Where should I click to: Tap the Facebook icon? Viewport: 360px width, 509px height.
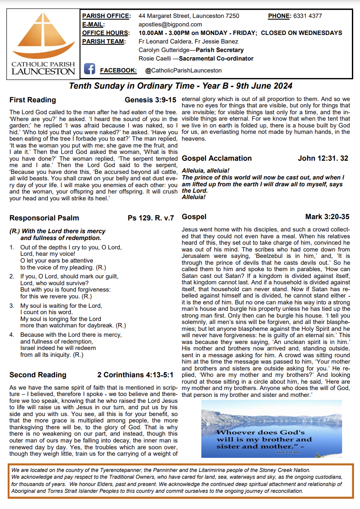coord(89,69)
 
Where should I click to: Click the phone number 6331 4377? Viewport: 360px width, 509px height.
coord(307,16)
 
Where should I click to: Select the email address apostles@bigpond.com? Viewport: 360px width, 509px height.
coord(171,25)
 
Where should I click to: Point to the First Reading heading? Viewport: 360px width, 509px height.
coord(32,100)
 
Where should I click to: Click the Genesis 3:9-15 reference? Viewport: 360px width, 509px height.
coord(151,100)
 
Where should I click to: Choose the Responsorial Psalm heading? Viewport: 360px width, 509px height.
coord(44,218)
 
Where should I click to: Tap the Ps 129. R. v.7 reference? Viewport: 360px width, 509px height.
coord(151,218)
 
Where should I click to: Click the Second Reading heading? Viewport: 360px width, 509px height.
coord(38,375)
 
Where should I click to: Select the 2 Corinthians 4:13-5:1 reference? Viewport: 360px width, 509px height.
coord(135,375)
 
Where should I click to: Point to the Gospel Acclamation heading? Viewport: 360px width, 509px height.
coord(217,158)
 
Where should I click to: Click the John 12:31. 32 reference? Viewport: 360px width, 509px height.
coord(323,158)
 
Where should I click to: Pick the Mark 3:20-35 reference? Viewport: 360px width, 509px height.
coord(327,217)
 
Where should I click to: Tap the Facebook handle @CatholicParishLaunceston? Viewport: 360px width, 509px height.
coord(183,70)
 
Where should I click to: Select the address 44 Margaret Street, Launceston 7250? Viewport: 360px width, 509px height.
coord(189,16)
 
